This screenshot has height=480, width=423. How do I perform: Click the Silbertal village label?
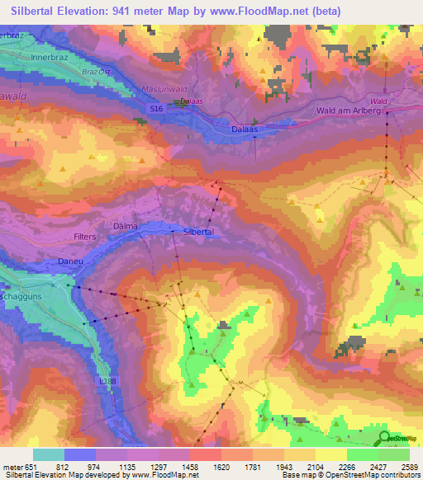[198, 233]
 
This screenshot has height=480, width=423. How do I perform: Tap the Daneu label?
[70, 261]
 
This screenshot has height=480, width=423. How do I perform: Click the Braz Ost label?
[97, 72]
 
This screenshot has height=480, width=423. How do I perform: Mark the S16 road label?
[157, 108]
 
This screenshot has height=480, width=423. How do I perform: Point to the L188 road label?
[107, 379]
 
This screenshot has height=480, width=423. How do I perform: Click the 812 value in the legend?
[64, 467]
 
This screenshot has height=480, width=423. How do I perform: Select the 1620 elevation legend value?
[221, 467]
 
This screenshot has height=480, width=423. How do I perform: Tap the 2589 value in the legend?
[409, 467]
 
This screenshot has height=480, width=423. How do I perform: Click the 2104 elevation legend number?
[315, 467]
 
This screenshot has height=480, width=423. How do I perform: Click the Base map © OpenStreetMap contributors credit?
[350, 475]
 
